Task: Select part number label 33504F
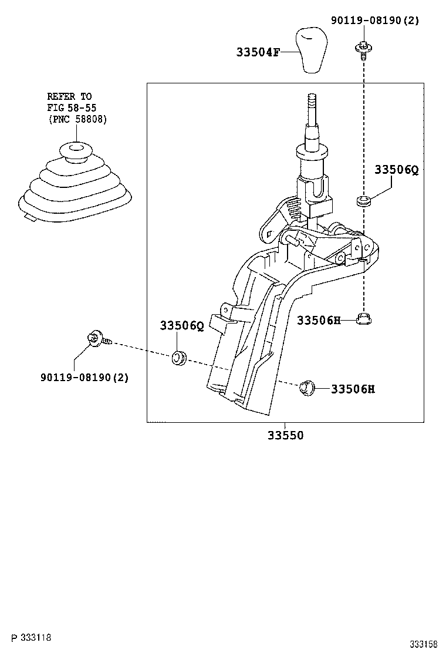pos(258,52)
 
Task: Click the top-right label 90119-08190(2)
pos(375,20)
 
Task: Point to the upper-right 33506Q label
pos(397,170)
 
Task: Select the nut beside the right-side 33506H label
pos(364,319)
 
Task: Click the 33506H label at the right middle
pos(319,320)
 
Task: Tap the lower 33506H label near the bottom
pos(353,389)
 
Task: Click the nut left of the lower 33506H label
pos(306,387)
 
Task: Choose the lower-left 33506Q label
pos(182,325)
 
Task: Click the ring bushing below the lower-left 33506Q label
pos(180,358)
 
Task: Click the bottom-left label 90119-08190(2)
pos(85,377)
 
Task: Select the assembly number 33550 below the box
pos(286,435)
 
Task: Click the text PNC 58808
pos(77,119)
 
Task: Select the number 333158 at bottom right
pos(424,644)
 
